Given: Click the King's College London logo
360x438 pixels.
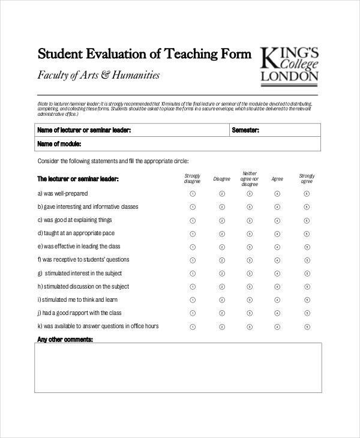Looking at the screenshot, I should click(289, 64).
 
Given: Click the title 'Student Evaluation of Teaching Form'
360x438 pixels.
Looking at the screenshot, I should click(145, 55).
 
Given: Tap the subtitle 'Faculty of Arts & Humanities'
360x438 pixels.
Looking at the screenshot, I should click(99, 76).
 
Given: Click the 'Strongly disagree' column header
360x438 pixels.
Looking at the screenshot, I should click(193, 178).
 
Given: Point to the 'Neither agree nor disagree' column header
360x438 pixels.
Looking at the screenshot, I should click(250, 178).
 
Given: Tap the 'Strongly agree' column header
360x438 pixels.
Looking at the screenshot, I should click(306, 178).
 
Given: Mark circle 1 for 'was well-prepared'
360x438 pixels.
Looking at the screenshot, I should click(193, 194).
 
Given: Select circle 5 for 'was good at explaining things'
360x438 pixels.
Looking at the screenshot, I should click(306, 220).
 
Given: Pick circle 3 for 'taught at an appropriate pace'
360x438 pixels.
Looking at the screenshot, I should click(250, 233).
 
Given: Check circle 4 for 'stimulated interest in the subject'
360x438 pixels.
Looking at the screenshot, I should click(277, 274).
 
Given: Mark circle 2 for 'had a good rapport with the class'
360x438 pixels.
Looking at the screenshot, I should click(221, 313).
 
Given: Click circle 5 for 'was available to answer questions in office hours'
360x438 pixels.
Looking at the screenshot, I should click(306, 327).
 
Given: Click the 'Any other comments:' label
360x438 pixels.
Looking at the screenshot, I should click(65, 340).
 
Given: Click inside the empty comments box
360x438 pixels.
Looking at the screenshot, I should click(178, 367).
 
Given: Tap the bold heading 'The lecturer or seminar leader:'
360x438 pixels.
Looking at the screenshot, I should click(78, 179).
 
